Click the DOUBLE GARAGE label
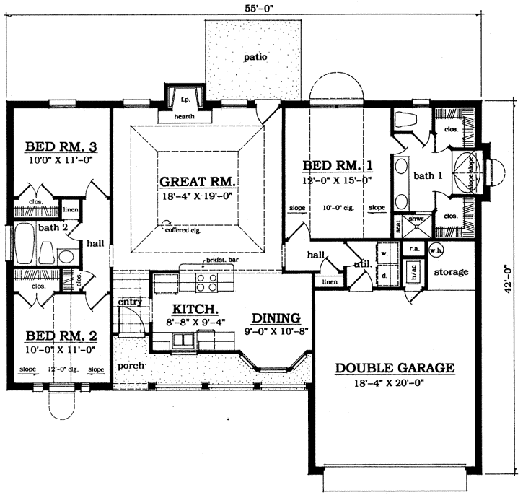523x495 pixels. coord(395,368)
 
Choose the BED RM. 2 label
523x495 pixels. coord(61,336)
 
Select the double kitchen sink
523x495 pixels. coord(188,340)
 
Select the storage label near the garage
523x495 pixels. coord(452,272)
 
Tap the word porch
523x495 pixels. coord(131,365)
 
